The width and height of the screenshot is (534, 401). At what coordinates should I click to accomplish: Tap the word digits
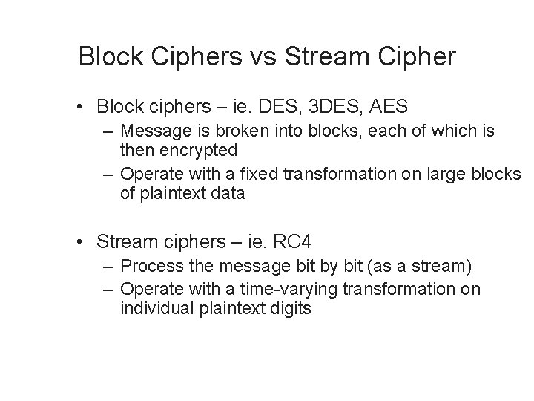[291, 307]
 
